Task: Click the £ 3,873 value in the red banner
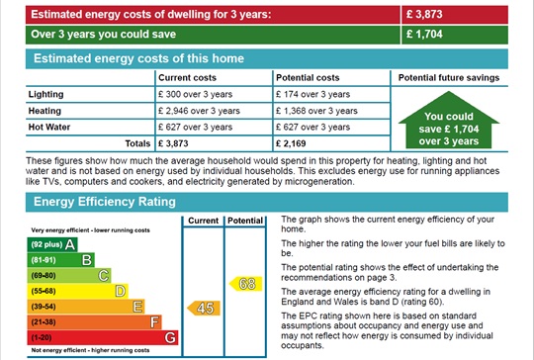point(424,14)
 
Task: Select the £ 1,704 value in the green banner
point(424,34)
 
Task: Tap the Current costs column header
point(187,78)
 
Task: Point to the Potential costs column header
point(308,78)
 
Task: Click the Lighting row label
point(45,94)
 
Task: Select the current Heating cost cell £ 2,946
point(199,111)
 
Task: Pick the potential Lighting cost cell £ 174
point(312,94)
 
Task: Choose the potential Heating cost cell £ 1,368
point(316,111)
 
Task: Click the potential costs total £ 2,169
point(291,143)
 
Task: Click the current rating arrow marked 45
point(204,309)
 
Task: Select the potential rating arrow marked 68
point(245,284)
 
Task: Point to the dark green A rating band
point(52,244)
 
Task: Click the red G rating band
point(103,337)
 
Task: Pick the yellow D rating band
point(78,291)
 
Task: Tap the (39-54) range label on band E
point(44,307)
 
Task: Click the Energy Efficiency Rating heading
point(105,202)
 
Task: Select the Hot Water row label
point(49,127)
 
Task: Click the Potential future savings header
point(449,78)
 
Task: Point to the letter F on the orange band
point(154,321)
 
